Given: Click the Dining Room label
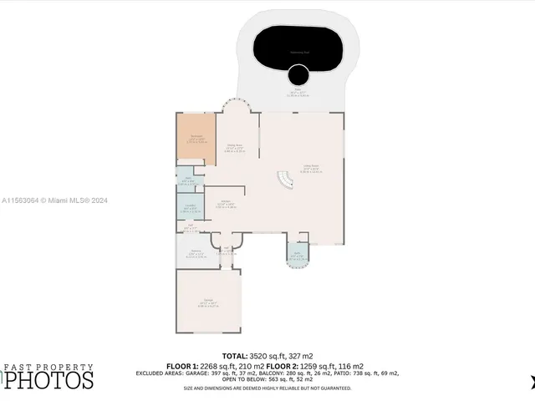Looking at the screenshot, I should tap(235, 145).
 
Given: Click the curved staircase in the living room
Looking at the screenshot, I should tap(285, 180).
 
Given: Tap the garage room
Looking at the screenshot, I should tap(207, 301).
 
